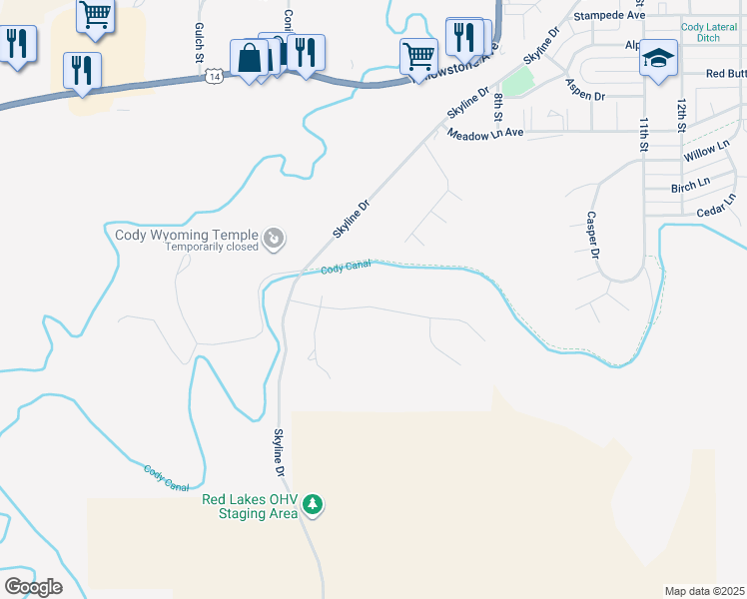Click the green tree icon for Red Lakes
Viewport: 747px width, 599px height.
314,504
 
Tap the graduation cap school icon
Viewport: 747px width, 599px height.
658,57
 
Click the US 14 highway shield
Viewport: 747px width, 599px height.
214,75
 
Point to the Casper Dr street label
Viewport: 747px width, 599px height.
592,236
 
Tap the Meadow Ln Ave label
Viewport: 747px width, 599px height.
485,133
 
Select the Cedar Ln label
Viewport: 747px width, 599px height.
716,211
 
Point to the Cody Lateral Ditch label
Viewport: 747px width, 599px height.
708,32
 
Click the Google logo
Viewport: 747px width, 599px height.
33,587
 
